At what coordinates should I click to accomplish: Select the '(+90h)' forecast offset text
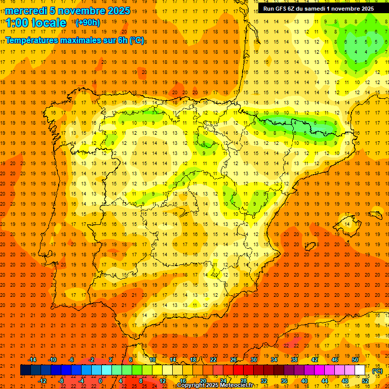[88, 23]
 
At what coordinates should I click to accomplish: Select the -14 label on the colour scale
[32, 360]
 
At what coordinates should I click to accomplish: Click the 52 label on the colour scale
[365, 381]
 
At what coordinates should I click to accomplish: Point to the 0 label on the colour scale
[100, 381]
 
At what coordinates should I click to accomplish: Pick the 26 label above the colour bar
[234, 360]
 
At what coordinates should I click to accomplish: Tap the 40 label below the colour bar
[304, 381]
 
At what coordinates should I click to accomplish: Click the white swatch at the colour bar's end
[360, 370]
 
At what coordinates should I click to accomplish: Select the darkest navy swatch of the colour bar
[25, 370]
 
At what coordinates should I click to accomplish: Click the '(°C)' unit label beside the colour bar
[377, 371]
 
